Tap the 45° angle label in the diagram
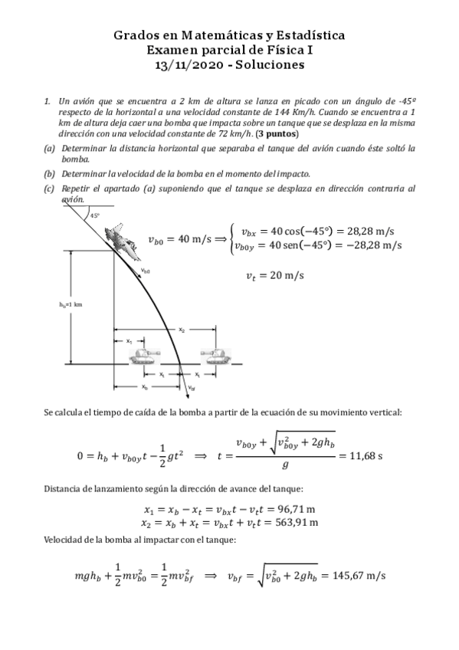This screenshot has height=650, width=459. [95, 215]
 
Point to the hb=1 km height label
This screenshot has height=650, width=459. [70, 304]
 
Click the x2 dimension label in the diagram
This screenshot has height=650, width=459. [182, 330]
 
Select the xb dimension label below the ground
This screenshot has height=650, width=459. [145, 388]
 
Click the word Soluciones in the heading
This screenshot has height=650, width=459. [273, 65]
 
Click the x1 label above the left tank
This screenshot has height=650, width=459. [129, 341]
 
